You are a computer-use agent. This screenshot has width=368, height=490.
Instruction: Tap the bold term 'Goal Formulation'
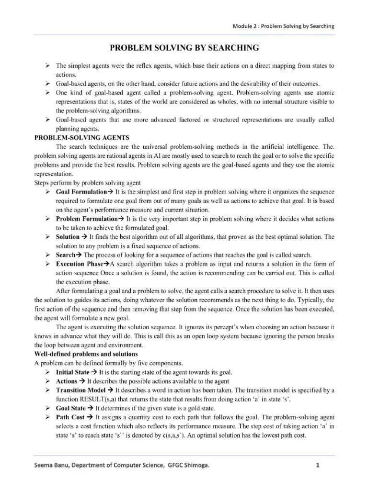[80, 192]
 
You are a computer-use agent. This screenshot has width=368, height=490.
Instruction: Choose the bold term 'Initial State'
[73, 372]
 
